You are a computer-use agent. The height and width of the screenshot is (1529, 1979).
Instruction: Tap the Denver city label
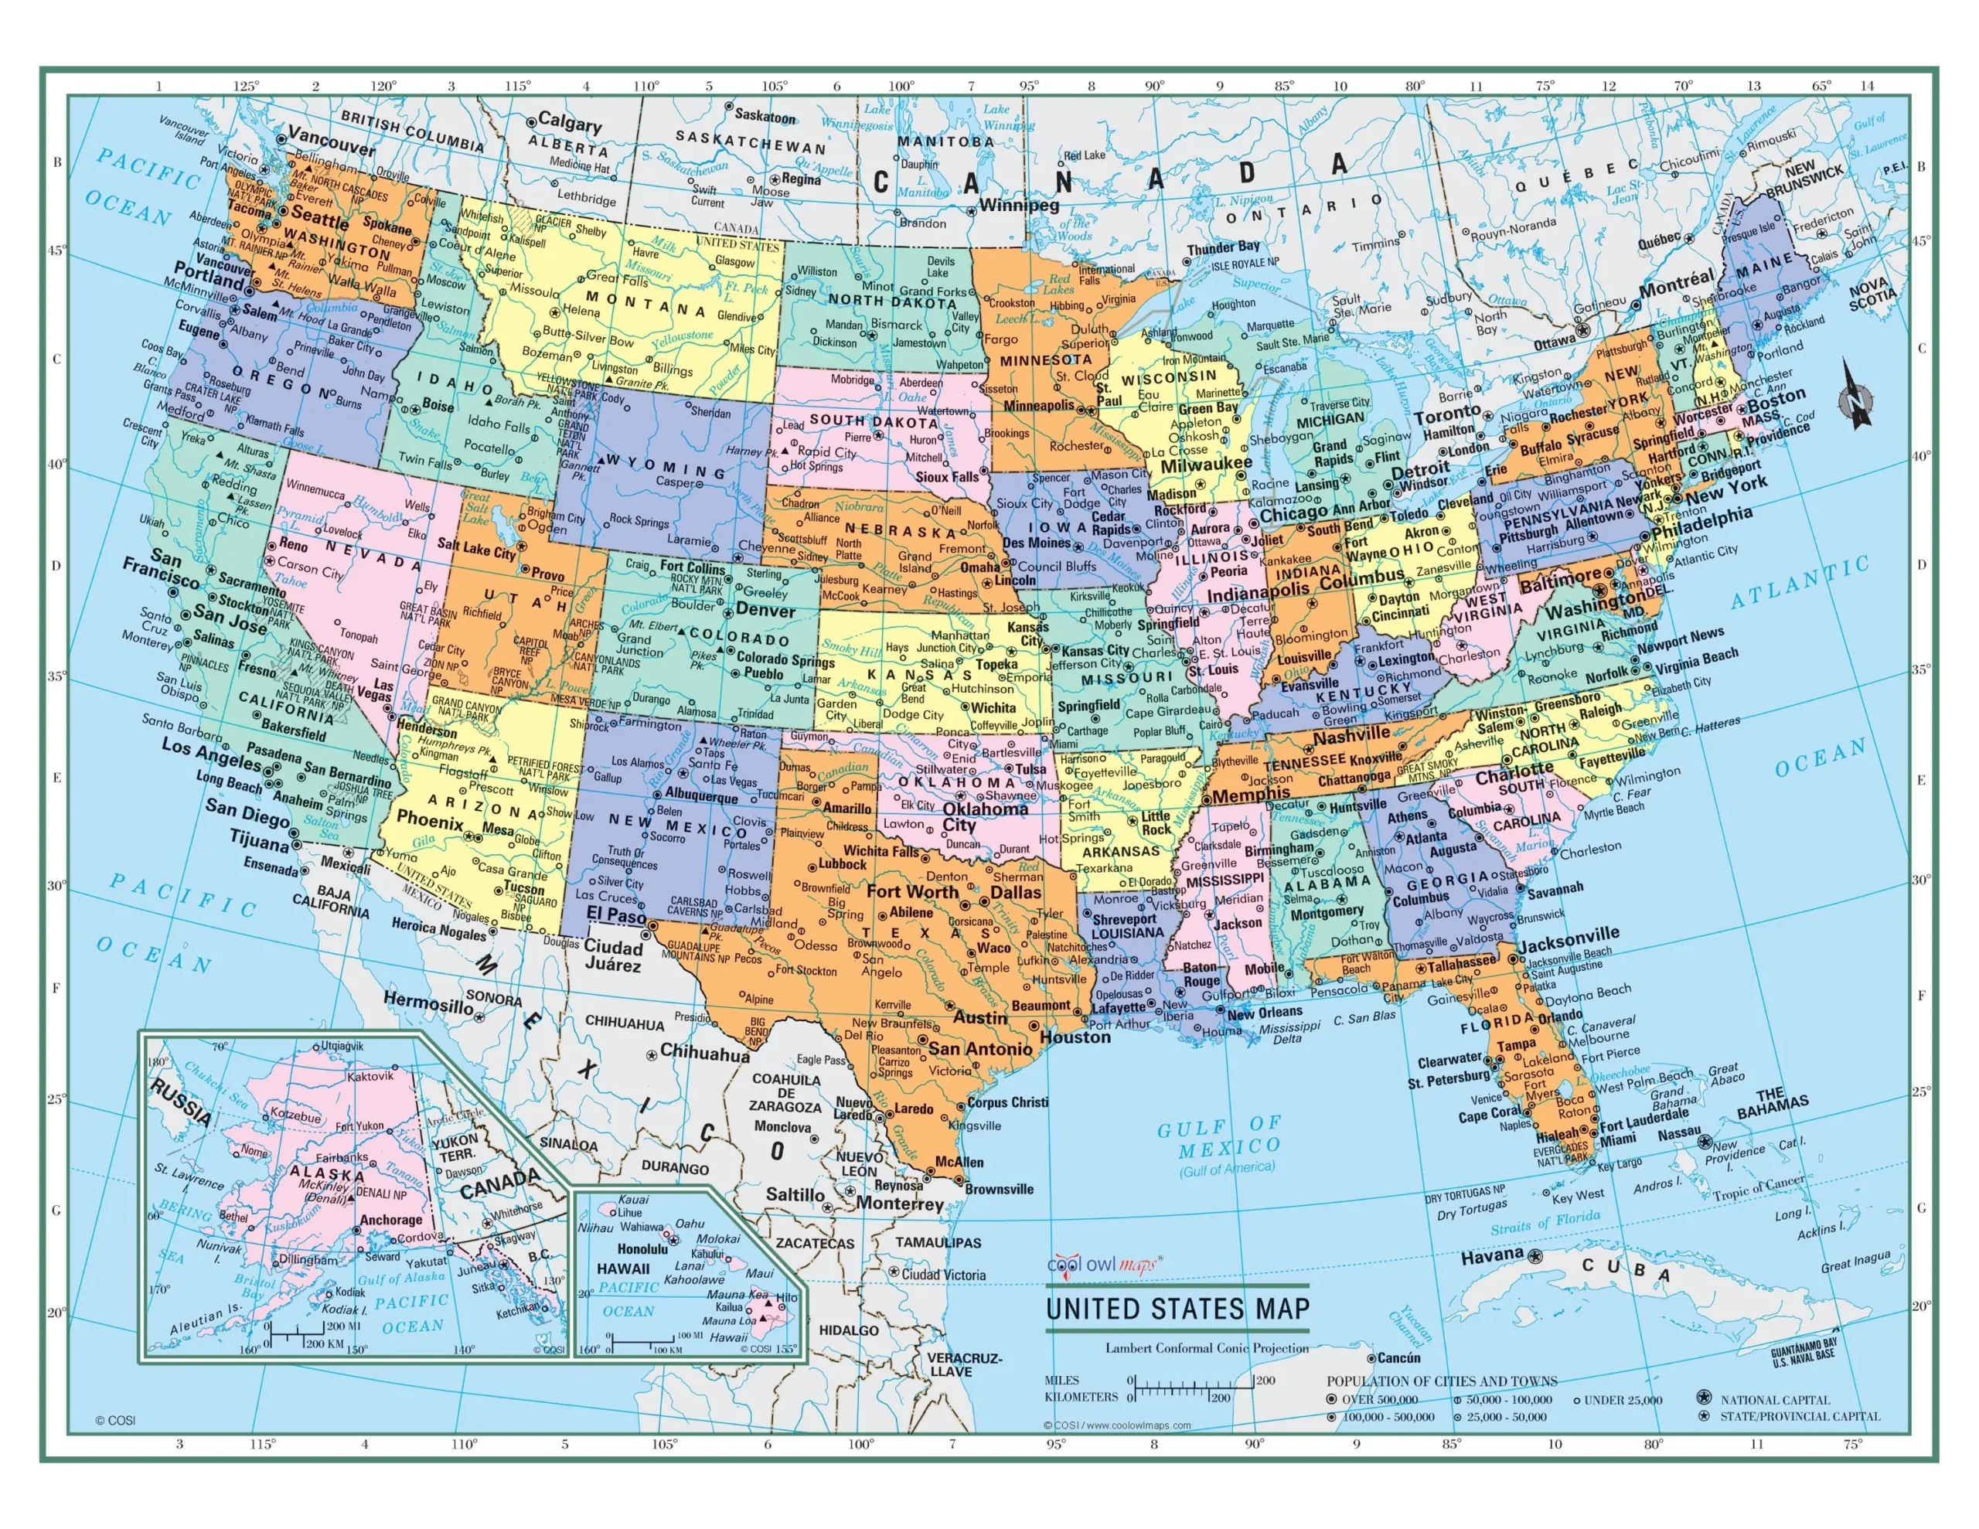point(765,610)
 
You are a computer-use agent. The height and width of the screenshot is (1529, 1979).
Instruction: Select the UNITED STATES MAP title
point(1178,1309)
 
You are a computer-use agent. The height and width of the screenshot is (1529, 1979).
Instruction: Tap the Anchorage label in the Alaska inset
point(390,1220)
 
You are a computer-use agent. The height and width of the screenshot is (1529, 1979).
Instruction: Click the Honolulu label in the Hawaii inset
point(642,1249)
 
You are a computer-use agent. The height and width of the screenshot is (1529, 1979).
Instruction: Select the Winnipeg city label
point(1019,205)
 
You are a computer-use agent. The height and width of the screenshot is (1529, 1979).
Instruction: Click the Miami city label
point(1617,1139)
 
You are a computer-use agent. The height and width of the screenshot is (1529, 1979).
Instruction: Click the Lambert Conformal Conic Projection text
point(1206,1348)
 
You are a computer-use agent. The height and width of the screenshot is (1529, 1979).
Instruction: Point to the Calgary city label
point(569,121)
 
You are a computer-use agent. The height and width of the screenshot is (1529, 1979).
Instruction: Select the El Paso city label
point(615,914)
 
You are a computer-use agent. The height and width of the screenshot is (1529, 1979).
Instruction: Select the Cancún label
point(1398,1357)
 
